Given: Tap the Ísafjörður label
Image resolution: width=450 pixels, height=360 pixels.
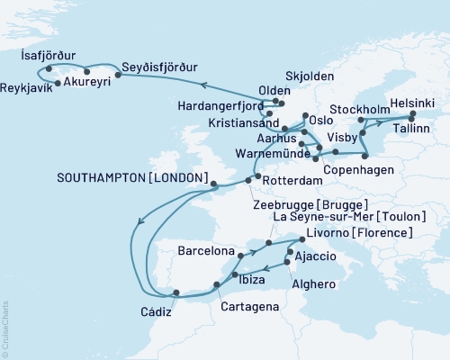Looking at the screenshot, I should pos(50,54).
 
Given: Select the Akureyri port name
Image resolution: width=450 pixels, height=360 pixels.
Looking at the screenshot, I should pos(92,78).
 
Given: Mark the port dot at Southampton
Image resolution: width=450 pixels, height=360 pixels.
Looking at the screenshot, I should pos(213,185).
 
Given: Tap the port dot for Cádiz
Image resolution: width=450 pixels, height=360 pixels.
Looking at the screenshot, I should pos(175,292).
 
